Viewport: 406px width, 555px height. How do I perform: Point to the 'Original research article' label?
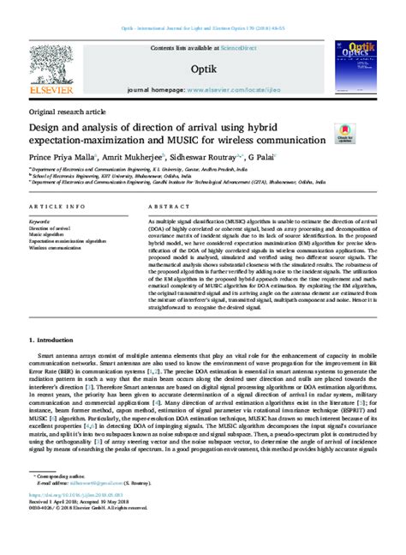coord(67,113)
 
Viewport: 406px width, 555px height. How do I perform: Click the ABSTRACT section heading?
coord(151,208)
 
